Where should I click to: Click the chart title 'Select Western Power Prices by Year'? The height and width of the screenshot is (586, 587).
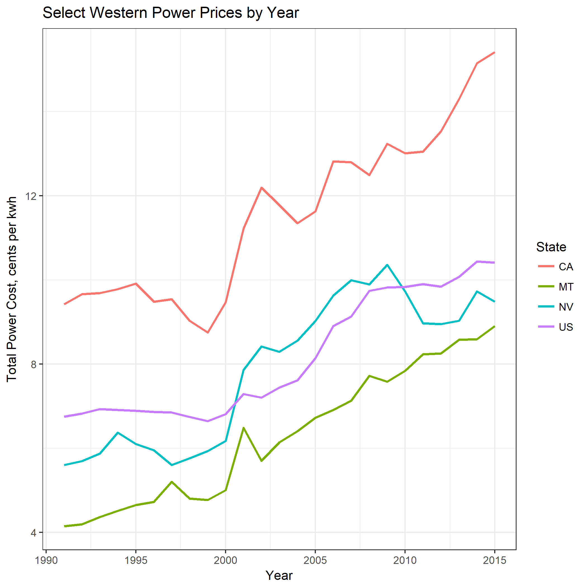pos(171,13)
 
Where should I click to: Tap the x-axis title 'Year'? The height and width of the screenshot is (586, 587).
pos(279,575)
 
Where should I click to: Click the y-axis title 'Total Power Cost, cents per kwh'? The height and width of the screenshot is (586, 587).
pos(11,289)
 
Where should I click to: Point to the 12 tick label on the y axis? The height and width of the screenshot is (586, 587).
pos(31,196)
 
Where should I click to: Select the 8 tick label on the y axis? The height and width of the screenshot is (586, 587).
pos(34,364)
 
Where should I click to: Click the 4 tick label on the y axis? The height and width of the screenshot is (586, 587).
pos(34,533)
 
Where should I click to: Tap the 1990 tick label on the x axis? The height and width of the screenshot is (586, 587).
pos(46,560)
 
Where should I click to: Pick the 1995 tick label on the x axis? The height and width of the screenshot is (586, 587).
pos(136,560)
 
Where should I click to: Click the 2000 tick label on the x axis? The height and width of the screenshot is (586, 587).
pos(226,560)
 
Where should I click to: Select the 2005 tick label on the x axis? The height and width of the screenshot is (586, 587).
pos(315,560)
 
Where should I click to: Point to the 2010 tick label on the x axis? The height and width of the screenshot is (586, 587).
pos(405,560)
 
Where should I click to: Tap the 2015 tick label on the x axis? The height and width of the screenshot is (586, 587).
pos(494,560)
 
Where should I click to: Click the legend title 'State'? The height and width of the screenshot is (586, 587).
pos(551,247)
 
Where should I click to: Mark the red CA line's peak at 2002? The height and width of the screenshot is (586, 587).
pos(261,188)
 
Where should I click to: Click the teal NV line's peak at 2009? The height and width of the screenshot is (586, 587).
pos(387,265)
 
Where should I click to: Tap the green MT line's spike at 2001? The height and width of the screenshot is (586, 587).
pos(243,428)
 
